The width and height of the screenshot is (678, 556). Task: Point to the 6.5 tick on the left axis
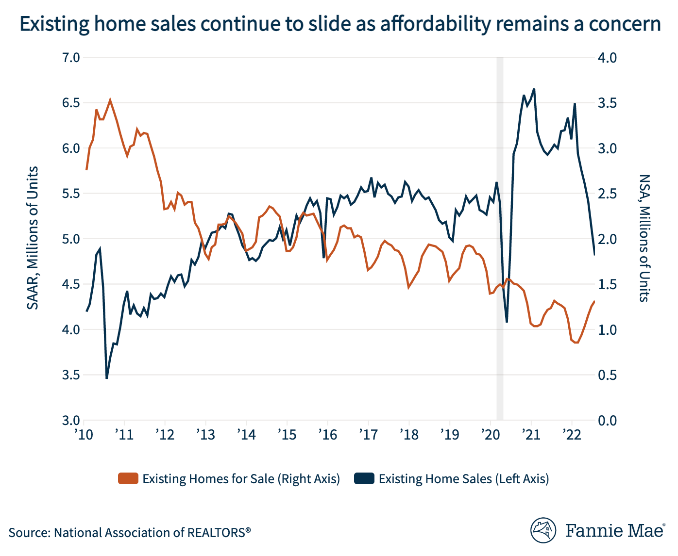71,103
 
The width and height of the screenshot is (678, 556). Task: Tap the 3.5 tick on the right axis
607,103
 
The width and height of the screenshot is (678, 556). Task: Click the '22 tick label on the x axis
572,434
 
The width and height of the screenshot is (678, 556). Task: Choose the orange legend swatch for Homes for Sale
128,479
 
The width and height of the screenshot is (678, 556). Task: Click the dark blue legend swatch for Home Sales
364,479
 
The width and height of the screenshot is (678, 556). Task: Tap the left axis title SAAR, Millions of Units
33,238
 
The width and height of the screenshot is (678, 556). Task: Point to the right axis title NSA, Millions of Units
644,238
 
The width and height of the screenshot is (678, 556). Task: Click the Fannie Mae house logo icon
543,530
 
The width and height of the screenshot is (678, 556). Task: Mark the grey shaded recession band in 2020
499,238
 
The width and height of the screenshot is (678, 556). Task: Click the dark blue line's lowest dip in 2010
106,377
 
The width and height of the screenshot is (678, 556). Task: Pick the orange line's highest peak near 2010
110,100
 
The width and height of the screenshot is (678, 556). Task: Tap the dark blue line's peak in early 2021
534,89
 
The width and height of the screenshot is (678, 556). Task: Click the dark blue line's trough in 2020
507,322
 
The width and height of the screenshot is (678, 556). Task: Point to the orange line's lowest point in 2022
576,343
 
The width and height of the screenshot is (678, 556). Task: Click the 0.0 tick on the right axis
607,420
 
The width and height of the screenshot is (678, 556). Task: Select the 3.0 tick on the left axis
71,420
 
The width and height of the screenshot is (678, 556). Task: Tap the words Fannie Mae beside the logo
615,530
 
